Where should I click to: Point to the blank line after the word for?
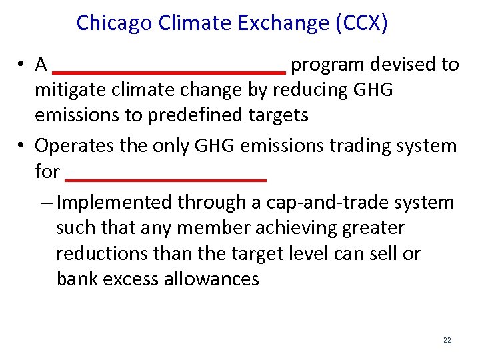click(167, 179)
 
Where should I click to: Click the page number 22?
click(447, 340)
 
